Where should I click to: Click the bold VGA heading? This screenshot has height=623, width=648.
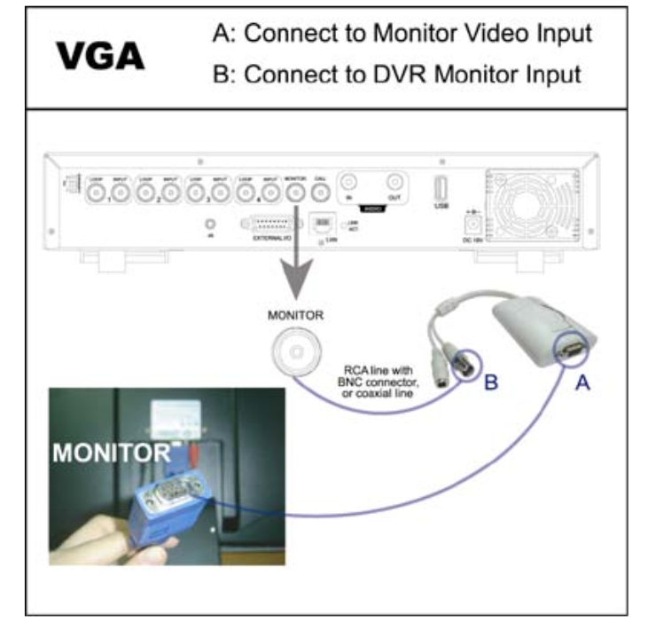tap(100, 54)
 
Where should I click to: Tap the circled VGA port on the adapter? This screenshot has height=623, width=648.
tap(568, 350)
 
